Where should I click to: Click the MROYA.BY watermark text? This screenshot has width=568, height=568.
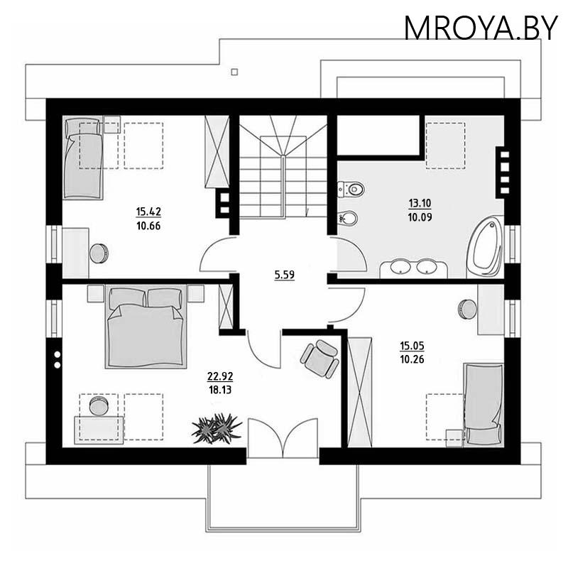point(481,28)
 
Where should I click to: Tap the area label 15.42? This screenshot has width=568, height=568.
point(148,211)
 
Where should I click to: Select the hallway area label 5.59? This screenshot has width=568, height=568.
point(285,275)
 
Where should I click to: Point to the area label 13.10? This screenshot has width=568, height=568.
point(420,203)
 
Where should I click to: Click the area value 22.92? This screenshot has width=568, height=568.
point(220,376)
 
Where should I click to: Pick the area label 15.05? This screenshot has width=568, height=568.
point(412,346)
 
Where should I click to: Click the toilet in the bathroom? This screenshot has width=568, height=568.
point(351,189)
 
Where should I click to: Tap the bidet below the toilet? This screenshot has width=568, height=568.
point(348,218)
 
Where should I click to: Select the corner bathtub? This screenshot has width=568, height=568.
point(485,247)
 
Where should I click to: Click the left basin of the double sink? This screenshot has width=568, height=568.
point(400,267)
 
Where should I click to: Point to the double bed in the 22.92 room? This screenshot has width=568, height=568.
point(146,327)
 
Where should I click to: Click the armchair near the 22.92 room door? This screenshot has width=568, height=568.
point(320,359)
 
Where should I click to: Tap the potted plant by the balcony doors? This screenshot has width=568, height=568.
point(217,428)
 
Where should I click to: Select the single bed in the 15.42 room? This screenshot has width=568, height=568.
point(83,157)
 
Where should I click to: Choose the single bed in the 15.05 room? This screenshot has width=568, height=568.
point(484,405)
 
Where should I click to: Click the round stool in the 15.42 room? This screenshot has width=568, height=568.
point(99,253)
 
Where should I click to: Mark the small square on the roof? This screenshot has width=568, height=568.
point(234,72)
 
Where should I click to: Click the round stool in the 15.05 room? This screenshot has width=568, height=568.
point(468,310)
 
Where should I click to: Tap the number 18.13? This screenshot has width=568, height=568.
point(220,390)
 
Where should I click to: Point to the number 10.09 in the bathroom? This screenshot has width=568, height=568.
point(420,217)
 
